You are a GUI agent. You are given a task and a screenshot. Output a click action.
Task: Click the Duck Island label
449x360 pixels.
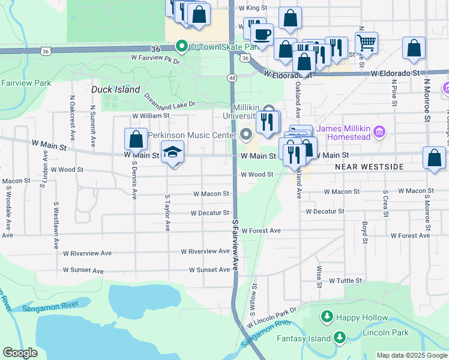click(116, 89)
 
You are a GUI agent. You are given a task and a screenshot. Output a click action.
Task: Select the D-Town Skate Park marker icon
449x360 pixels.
click(181, 46)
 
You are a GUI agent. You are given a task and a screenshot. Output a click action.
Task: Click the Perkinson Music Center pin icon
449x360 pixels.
click(246, 134)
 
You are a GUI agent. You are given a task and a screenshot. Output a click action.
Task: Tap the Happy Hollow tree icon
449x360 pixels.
click(327, 316)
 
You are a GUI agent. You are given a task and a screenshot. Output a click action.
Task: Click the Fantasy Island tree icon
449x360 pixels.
click(340, 338)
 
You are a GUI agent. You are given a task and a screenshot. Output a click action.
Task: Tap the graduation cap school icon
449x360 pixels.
click(172, 152)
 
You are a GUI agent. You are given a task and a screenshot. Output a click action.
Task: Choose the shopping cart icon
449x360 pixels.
click(366, 43)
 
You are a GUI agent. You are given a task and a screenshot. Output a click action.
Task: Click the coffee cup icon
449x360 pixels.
click(261, 35)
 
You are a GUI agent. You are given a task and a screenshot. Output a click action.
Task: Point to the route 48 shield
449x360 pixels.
click(231, 78)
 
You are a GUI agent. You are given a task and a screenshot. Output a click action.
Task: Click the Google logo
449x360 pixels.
click(20, 353)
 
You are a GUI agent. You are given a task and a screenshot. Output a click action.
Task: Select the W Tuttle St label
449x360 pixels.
click(345, 280)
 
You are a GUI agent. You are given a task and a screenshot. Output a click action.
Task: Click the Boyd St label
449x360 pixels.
click(364, 232)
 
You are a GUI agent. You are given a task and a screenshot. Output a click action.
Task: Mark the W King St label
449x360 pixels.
click(253, 8)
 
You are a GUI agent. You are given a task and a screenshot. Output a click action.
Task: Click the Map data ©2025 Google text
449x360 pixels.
click(412, 355)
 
